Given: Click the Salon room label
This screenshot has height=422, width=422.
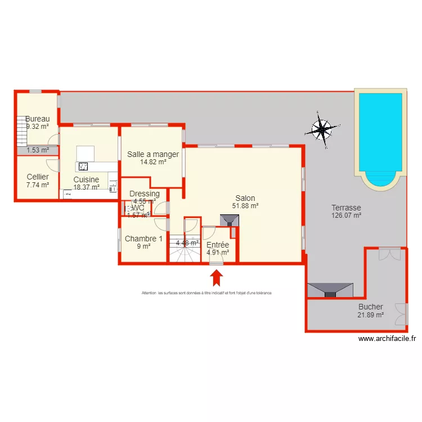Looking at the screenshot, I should [x=245, y=199].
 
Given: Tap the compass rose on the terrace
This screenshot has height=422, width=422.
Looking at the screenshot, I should [x=321, y=131].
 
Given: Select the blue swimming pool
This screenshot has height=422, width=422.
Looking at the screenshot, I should [x=380, y=135].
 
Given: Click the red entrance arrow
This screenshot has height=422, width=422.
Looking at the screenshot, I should [x=217, y=278].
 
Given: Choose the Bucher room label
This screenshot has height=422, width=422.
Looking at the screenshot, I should [x=370, y=307].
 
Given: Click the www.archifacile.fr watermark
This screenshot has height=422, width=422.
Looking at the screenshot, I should [x=387, y=339].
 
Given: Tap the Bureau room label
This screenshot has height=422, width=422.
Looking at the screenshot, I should [x=37, y=119].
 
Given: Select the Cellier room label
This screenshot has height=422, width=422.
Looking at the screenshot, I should [x=38, y=177].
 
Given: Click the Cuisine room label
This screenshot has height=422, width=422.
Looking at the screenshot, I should [x=86, y=179].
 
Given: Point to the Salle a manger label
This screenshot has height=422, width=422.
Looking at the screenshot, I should [x=153, y=154].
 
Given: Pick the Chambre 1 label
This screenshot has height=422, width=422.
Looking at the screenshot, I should [x=143, y=239].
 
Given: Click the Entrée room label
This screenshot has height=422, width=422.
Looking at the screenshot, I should [x=217, y=245].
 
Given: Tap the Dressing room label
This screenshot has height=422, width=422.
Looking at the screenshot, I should [x=144, y=194].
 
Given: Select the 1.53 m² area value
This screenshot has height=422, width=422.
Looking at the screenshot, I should [x=37, y=150].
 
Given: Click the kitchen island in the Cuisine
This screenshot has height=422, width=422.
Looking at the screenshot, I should [x=85, y=153].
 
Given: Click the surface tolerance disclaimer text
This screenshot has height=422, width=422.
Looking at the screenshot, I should [x=206, y=293].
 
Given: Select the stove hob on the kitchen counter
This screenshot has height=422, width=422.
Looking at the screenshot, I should [x=83, y=167].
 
